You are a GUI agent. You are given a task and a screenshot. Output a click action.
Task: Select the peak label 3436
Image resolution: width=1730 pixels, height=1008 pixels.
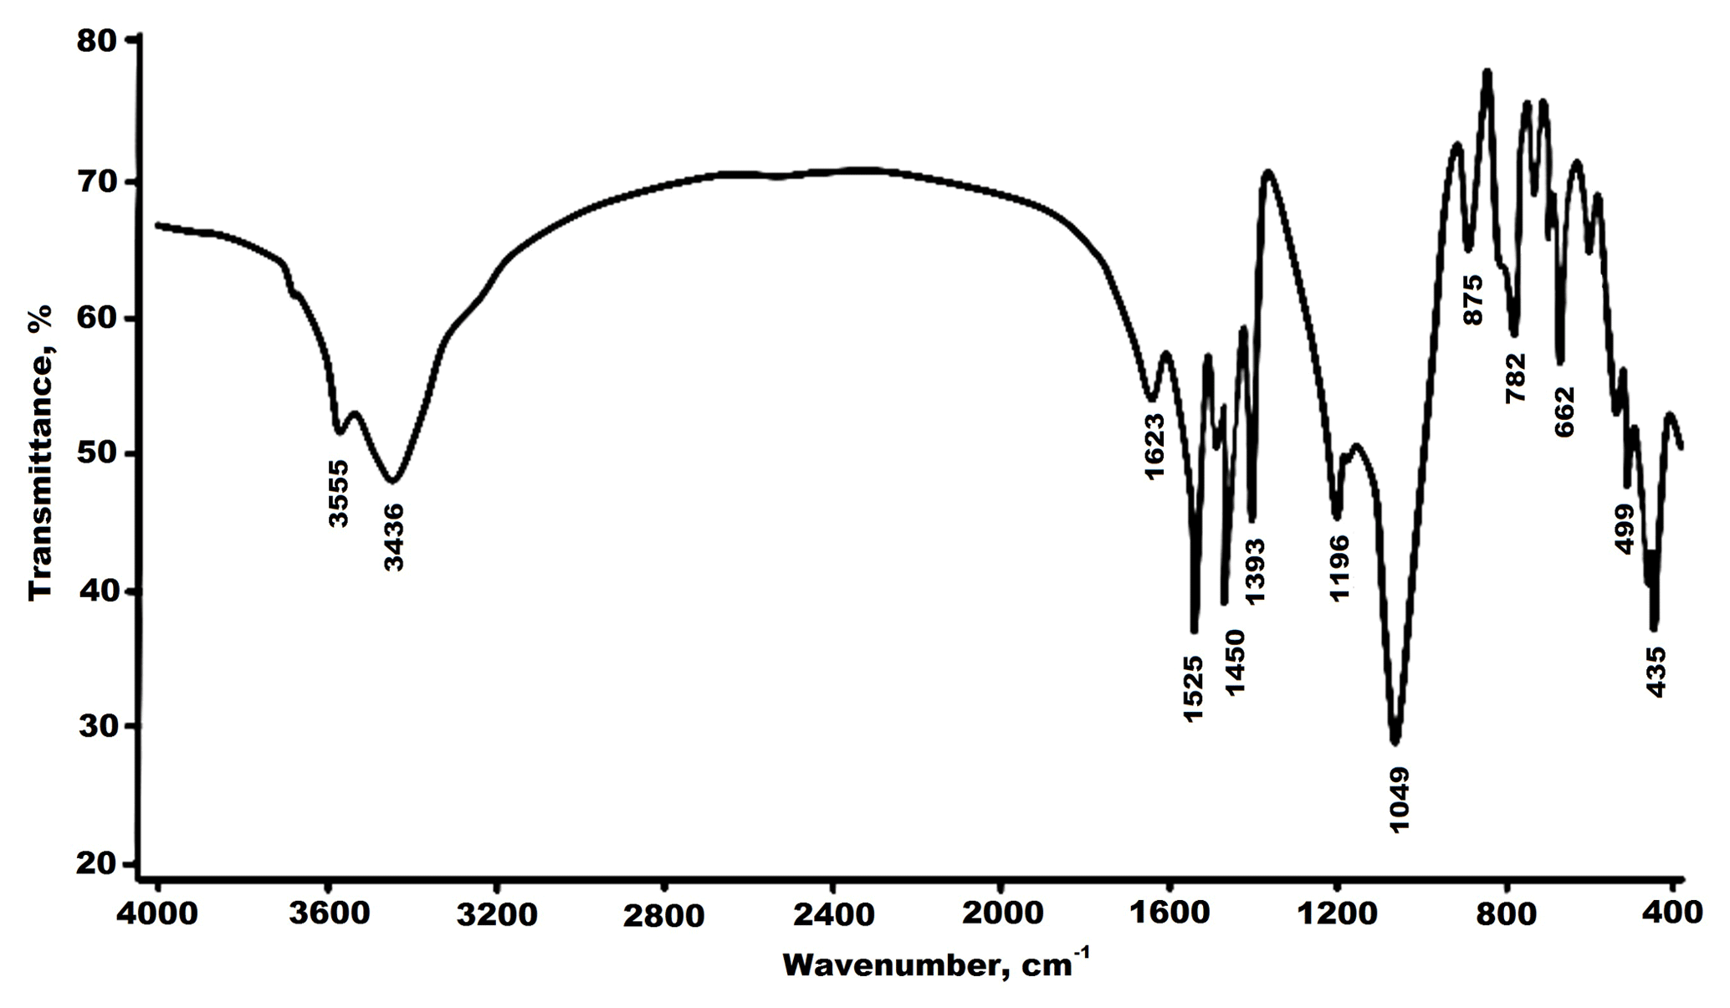click(394, 537)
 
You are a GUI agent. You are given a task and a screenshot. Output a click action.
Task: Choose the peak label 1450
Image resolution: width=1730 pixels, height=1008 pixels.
click(1236, 662)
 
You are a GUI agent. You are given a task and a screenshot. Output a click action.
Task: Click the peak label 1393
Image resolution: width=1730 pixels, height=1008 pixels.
click(1255, 571)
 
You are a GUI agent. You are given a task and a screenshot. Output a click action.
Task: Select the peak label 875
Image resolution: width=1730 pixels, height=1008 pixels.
click(1472, 299)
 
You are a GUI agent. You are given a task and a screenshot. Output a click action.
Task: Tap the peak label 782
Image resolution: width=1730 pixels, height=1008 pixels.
click(1516, 377)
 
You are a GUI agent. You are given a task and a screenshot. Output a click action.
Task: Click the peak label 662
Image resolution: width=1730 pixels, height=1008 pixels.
click(1564, 412)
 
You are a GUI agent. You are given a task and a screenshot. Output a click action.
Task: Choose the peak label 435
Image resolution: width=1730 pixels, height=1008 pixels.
click(1656, 672)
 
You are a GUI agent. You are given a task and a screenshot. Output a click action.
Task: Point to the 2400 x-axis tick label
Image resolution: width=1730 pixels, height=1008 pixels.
click(832, 913)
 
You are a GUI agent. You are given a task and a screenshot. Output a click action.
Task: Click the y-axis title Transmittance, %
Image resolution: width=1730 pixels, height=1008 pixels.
click(39, 452)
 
